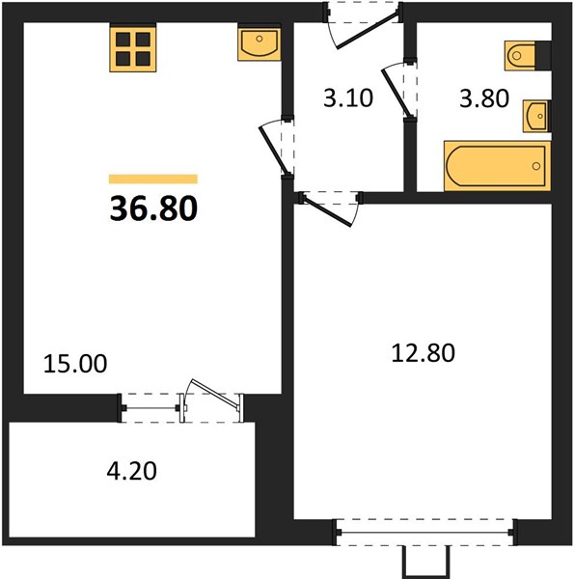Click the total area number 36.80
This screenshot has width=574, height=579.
click(x=153, y=208)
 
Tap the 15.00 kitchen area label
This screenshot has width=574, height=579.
click(x=75, y=364)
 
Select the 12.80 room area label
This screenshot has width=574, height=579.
click(x=424, y=352)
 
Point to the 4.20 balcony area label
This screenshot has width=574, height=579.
click(x=132, y=471)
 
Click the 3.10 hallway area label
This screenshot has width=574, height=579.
click(x=348, y=98)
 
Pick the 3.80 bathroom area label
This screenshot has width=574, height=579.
click(x=484, y=98)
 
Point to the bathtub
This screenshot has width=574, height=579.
click(x=497, y=166)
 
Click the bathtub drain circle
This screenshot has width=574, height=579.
click(x=536, y=166)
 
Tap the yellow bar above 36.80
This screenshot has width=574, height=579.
click(x=153, y=179)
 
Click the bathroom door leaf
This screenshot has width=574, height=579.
click(x=396, y=93)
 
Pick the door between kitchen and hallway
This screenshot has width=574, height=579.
click(x=274, y=151)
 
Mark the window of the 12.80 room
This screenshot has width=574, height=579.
click(x=424, y=533)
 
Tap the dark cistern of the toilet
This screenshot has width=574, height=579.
click(x=543, y=55)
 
